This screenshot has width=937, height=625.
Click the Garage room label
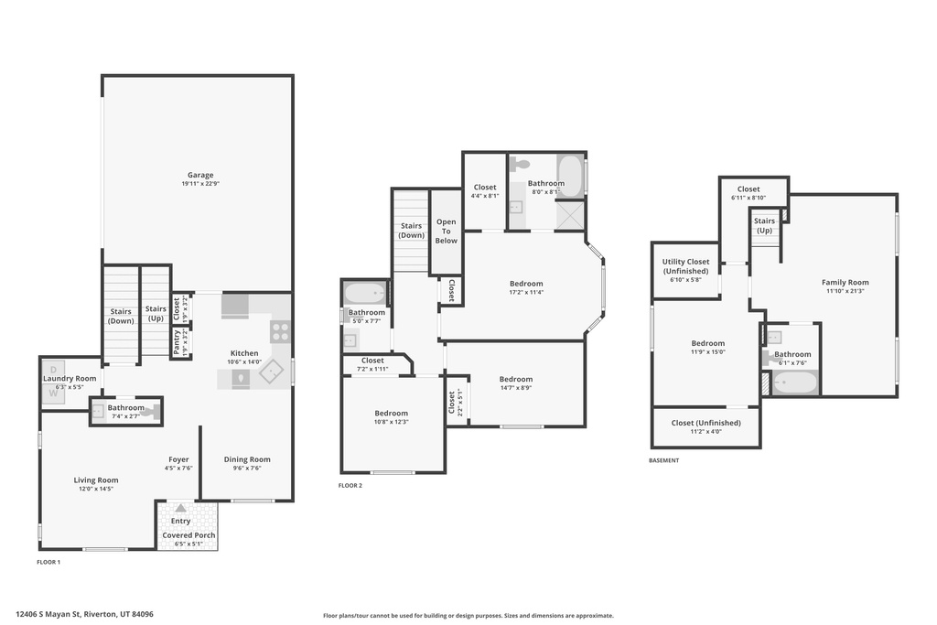tap(200, 175)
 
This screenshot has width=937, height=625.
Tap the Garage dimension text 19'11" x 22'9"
tap(200, 184)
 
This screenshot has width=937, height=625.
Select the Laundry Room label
tap(70, 378)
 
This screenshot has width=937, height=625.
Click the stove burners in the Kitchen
tap(280, 331)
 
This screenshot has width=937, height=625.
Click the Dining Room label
tap(247, 459)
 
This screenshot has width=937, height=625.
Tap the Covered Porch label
tap(188, 534)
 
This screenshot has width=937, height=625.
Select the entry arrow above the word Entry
tap(181, 508)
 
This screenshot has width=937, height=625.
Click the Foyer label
tap(178, 459)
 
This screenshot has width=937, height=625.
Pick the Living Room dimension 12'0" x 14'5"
tap(96, 489)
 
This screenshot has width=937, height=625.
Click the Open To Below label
tap(446, 231)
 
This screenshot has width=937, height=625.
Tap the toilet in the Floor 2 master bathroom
tap(519, 165)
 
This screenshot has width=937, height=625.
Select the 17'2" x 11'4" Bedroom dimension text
tap(526, 293)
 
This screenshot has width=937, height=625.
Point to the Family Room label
tap(845, 282)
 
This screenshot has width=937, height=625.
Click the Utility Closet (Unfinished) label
tap(685, 266)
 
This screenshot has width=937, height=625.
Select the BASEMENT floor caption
tap(663, 460)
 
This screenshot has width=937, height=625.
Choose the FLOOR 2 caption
tap(350, 485)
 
